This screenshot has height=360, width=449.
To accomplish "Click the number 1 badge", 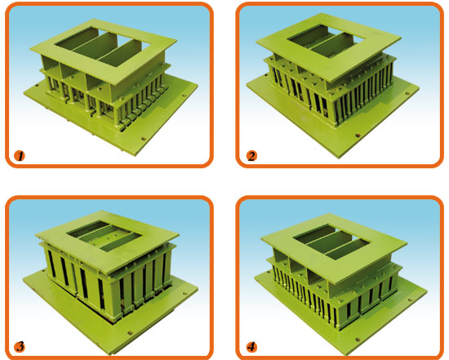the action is (20, 156).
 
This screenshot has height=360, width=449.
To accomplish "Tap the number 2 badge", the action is (251, 156).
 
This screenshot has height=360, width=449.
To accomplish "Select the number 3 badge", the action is (20, 347).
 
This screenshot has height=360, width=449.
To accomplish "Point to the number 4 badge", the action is (251, 347).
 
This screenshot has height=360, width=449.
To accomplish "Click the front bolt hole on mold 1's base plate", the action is (144, 140).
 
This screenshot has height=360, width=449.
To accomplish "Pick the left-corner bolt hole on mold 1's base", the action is (37, 85).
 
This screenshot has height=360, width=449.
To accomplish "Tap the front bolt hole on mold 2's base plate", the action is (357, 136).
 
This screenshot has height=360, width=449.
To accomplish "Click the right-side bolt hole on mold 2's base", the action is (407, 93).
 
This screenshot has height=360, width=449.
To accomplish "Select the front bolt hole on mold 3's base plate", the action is (131, 333).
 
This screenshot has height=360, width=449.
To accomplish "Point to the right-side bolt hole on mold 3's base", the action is (184, 294).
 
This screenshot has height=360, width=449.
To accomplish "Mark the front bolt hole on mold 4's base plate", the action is (358, 340).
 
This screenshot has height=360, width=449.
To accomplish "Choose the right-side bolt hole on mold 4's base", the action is (411, 300).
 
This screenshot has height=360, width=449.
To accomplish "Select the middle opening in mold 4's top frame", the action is (331, 240).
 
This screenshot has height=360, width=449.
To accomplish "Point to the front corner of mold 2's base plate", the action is (340, 158).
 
